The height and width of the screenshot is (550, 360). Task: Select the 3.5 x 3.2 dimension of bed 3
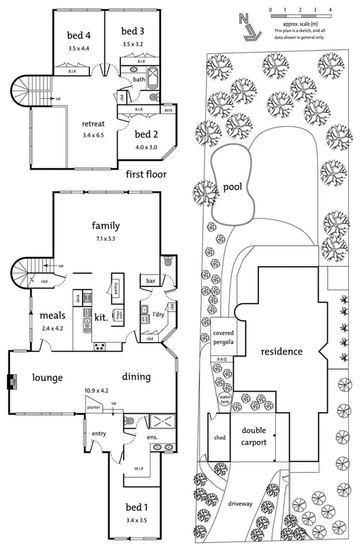tap(132, 43)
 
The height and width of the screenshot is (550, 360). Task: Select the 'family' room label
tap(106, 226)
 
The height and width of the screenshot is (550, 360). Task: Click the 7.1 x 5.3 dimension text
tap(106, 239)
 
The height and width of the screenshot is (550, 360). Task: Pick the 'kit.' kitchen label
tap(100, 317)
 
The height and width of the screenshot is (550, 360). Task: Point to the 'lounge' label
tap(47, 378)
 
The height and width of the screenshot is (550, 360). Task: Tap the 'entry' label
tap(98, 434)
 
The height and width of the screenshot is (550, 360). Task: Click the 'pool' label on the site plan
tap(233, 187)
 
